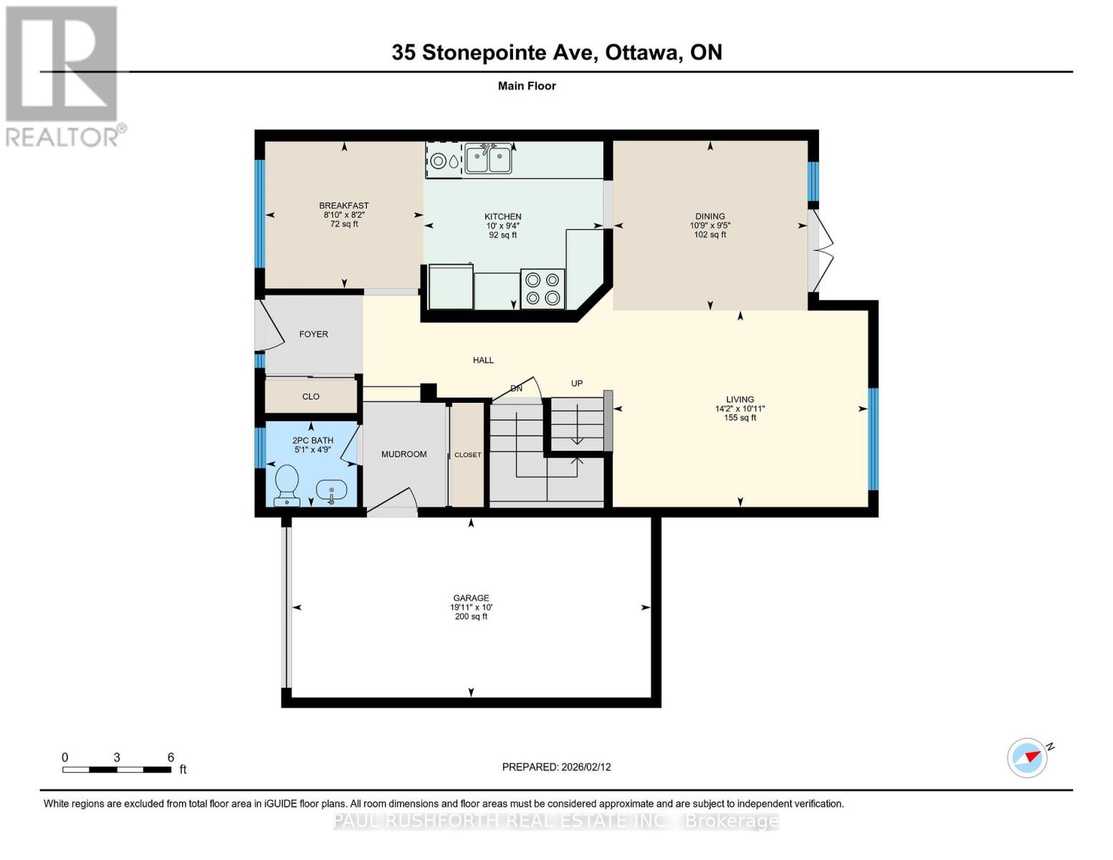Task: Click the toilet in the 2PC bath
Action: click(x=287, y=484)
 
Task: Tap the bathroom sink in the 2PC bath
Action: click(x=331, y=491)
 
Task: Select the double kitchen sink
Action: click(x=488, y=158)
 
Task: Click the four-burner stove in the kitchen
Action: click(x=543, y=289)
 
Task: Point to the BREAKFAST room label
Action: click(x=344, y=206)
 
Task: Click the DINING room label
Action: click(x=710, y=216)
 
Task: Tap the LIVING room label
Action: click(x=740, y=400)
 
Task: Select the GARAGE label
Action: click(x=471, y=598)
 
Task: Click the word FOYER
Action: click(x=313, y=335)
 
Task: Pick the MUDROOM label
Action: click(x=403, y=454)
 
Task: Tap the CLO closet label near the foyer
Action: click(x=310, y=397)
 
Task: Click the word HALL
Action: click(x=483, y=360)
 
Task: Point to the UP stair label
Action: click(x=577, y=384)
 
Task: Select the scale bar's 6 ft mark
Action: click(x=171, y=758)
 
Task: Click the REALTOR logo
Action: click(x=63, y=76)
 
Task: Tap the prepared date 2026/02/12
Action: click(x=556, y=767)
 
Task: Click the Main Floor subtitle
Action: click(x=527, y=86)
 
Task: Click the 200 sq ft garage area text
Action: click(x=471, y=617)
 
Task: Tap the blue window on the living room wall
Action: click(x=873, y=439)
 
